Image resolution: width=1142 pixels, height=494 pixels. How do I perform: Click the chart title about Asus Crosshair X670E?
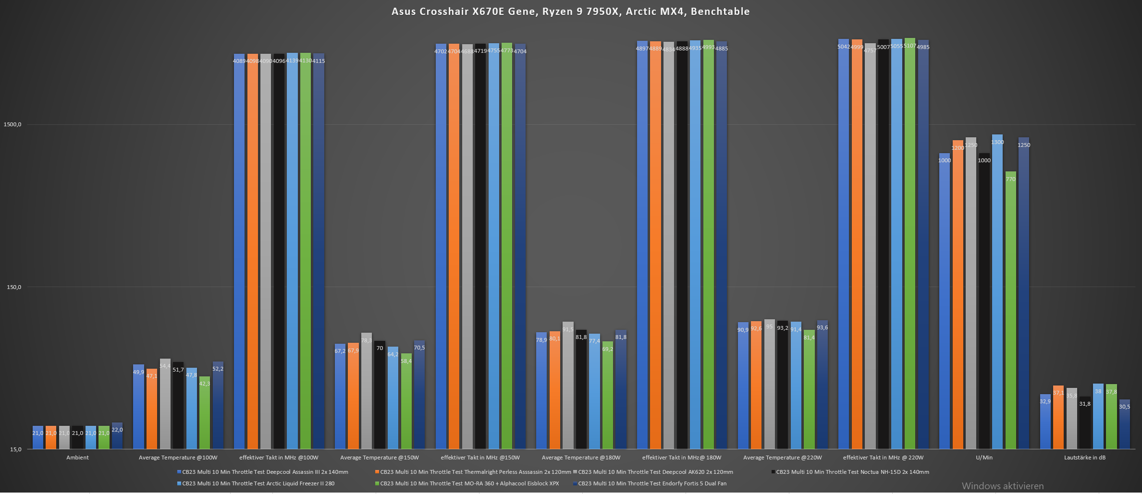(570, 12)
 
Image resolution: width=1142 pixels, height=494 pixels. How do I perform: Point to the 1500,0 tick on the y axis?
(12, 124)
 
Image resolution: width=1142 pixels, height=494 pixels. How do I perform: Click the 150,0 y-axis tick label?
(14, 287)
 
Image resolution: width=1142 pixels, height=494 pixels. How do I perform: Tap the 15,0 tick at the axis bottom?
(15, 449)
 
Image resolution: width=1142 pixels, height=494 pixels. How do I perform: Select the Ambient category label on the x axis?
(77, 458)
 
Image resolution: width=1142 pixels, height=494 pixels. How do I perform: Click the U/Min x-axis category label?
(984, 458)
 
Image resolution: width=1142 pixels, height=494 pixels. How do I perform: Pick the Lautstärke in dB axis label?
(1084, 458)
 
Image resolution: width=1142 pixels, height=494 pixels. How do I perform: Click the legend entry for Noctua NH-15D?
(852, 472)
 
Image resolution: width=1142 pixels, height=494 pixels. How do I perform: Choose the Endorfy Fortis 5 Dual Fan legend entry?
(652, 483)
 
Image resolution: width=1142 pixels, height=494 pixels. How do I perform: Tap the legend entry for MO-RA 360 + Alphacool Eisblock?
(469, 483)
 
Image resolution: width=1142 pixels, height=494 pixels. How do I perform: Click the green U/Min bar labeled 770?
(1011, 312)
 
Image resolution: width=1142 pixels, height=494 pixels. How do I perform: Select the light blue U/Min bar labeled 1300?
(997, 293)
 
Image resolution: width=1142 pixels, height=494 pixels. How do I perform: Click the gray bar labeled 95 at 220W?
(770, 384)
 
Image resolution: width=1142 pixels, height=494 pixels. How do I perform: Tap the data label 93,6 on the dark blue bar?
(822, 327)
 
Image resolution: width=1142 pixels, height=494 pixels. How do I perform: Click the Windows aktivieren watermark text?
(1003, 486)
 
